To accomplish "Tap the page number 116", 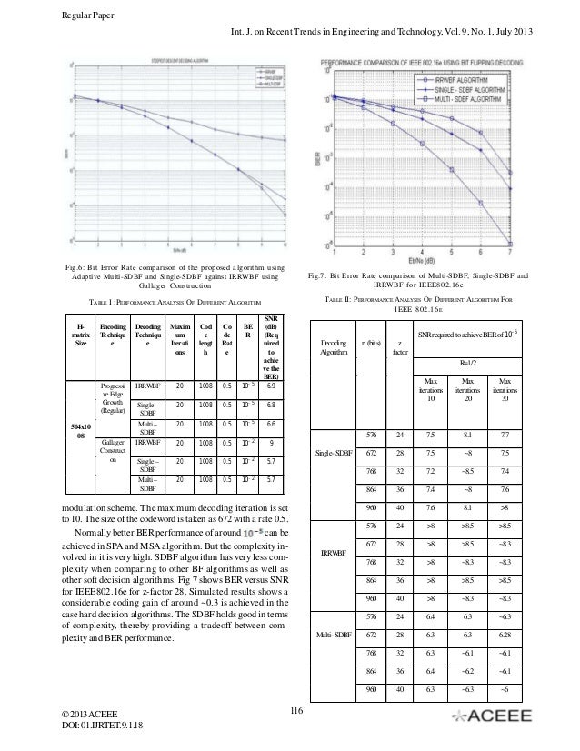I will pyautogui.click(x=293, y=710).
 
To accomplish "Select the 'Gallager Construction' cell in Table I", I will pyautogui.click(x=114, y=452).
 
